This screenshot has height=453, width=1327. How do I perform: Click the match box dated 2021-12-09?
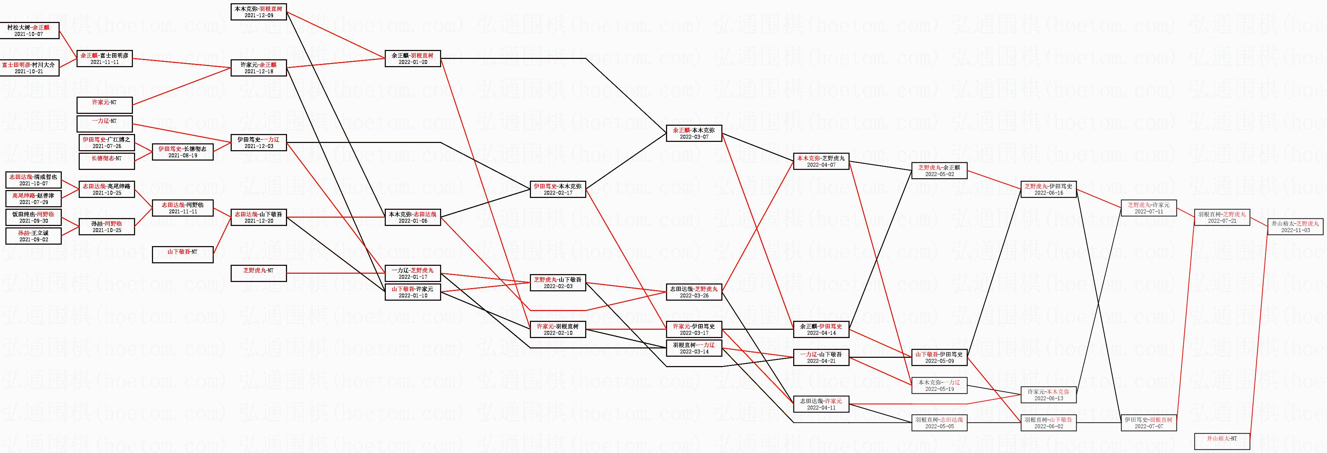[259, 12]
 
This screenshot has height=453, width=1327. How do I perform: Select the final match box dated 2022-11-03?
[1295, 227]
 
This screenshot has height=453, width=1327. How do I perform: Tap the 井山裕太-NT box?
[1222, 441]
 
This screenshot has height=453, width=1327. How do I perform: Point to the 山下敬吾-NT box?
[182, 255]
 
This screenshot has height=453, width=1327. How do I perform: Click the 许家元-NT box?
[105, 105]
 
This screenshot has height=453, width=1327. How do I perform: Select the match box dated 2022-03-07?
[694, 134]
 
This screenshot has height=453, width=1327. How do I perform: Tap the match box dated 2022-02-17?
[558, 189]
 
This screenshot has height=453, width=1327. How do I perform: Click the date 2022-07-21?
[1222, 221]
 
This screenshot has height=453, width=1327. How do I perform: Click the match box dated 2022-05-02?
[939, 171]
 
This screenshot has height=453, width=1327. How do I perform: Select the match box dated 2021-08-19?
[182, 152]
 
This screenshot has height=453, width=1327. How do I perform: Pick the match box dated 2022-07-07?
[1149, 423]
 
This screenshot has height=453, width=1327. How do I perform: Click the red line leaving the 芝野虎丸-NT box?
[335, 273]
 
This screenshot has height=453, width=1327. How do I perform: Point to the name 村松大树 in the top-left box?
[19, 27]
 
